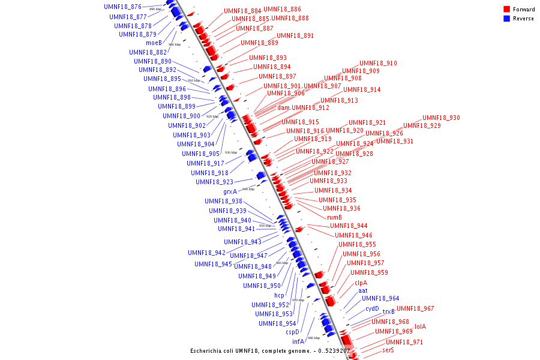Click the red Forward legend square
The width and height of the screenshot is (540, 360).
pos(507,10)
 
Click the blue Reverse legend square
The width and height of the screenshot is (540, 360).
pos(507,19)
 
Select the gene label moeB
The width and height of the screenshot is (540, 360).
pos(154,43)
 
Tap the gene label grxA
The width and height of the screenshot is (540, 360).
pos(230,192)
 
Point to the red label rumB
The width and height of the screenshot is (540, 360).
pos(334,217)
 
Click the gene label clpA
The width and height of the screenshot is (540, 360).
pos(361,283)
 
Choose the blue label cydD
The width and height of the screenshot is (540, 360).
pos(372,309)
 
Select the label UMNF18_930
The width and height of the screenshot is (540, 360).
pos(441,118)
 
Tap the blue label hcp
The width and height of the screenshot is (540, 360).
pos(279,295)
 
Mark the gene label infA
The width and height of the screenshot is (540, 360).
pos(298,341)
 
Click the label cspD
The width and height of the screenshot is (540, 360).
pos(292,332)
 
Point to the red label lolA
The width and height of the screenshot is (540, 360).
pos(420,327)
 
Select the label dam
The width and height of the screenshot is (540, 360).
pos(283,108)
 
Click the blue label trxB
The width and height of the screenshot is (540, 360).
pos(389,312)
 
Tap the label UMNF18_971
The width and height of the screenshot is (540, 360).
pos(404,342)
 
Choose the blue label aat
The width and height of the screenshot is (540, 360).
pos(363,291)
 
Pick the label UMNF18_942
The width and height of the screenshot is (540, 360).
pos(206,253)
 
